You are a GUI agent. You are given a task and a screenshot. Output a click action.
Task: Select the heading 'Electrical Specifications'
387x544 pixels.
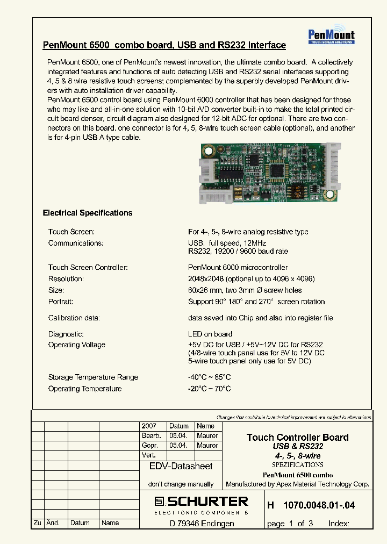click(x=88, y=213)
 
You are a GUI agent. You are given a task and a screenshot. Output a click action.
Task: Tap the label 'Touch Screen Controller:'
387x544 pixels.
click(x=88, y=267)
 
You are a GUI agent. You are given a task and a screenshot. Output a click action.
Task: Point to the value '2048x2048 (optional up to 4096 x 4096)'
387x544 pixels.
click(x=251, y=279)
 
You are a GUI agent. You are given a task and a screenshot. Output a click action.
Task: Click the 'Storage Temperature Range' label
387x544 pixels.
click(x=92, y=377)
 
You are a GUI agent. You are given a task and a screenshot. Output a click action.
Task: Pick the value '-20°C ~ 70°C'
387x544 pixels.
click(x=209, y=389)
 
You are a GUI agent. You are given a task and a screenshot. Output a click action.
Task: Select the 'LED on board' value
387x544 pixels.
click(x=210, y=334)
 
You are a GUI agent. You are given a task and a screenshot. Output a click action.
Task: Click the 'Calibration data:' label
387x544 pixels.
click(x=74, y=318)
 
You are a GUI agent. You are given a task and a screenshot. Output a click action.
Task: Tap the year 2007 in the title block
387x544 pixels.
click(x=148, y=426)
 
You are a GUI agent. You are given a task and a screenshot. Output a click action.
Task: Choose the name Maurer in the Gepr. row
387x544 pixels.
click(x=207, y=445)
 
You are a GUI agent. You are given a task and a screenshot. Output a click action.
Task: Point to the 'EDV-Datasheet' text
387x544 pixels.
click(x=181, y=467)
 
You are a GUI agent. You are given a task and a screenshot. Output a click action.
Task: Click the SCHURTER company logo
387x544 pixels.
click(x=201, y=502)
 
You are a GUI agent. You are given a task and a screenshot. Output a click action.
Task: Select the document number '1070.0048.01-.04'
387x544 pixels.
click(x=319, y=506)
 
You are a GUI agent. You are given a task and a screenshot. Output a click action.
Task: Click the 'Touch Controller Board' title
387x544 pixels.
click(x=297, y=437)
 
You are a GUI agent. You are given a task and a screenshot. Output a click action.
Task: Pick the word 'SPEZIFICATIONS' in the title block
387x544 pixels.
click(x=297, y=464)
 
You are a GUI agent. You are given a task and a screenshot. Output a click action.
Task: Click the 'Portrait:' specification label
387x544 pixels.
click(x=60, y=302)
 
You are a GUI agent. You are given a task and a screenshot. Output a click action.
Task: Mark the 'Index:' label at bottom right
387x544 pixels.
click(x=339, y=523)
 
